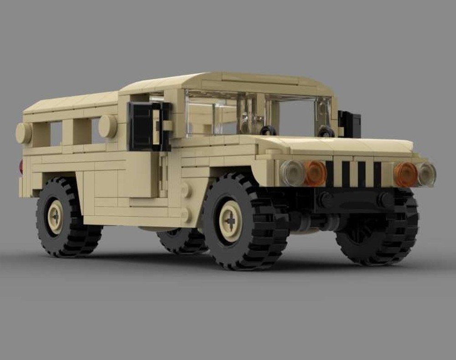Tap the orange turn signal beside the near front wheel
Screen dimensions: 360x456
(x=315, y=173)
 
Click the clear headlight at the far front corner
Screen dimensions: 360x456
(x=426, y=174)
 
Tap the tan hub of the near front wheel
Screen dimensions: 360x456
(x=231, y=221)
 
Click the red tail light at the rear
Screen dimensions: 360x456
(x=21, y=167)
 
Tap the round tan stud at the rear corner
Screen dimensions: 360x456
(x=23, y=133)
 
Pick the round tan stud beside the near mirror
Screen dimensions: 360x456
(x=108, y=126)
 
